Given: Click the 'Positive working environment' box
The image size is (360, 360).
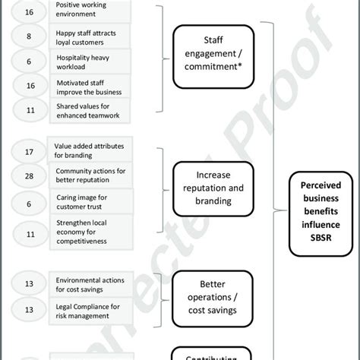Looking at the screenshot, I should [x=90, y=10].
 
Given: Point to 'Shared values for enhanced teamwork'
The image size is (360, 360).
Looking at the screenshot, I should [x=90, y=112].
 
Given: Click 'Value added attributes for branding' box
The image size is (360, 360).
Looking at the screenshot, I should [x=90, y=150].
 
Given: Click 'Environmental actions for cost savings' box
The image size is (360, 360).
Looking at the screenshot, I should [x=90, y=283].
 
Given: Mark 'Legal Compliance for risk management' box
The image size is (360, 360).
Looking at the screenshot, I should [x=90, y=309].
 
